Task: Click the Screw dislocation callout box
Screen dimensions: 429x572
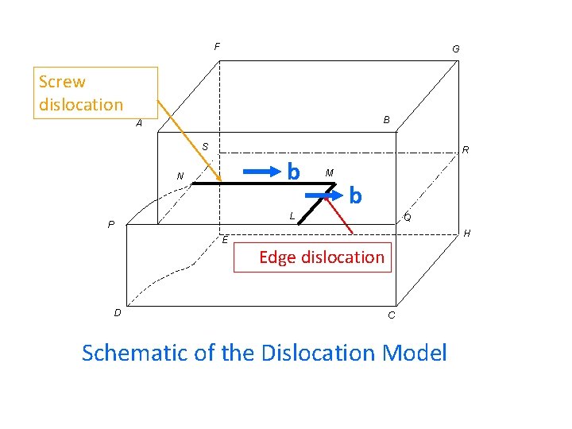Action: tap(95, 93)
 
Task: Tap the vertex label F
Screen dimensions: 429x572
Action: tap(217, 47)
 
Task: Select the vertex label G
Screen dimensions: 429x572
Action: tap(455, 49)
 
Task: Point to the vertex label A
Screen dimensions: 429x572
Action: tap(139, 124)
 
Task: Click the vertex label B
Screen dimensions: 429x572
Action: tap(386, 120)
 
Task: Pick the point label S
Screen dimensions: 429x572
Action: tap(204, 147)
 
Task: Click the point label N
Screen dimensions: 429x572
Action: tap(180, 176)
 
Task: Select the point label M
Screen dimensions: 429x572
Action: tap(329, 172)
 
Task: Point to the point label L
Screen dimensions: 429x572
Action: tap(292, 215)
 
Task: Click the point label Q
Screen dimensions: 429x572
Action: tap(407, 217)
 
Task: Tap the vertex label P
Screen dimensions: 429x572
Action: tap(111, 225)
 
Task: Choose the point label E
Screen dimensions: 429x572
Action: tap(225, 240)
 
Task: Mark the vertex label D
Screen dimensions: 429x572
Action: tap(118, 312)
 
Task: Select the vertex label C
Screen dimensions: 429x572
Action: tap(391, 316)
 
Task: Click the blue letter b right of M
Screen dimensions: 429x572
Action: tap(355, 195)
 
